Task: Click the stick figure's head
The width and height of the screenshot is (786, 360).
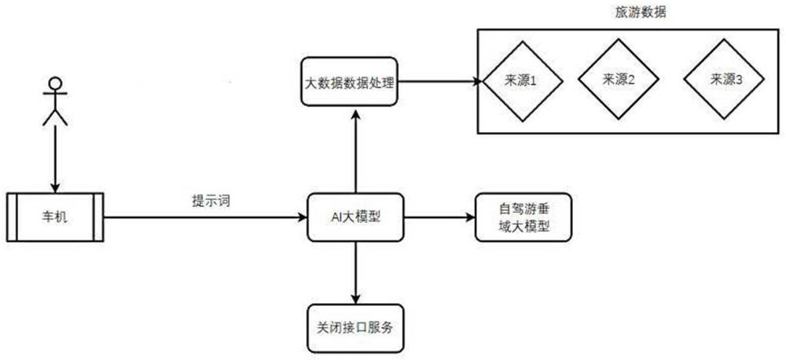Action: (55, 83)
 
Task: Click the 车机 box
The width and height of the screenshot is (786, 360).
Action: (55, 217)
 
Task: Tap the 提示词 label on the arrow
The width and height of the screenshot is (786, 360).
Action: (211, 201)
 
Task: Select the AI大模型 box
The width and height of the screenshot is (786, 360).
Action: (355, 217)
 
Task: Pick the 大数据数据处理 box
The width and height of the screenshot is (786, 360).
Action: (350, 81)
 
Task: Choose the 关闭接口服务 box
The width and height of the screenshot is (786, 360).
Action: (355, 329)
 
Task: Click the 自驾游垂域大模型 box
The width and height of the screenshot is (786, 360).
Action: (523, 217)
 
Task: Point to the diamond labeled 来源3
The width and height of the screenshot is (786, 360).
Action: (725, 80)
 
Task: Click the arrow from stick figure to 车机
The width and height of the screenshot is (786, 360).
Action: (55, 159)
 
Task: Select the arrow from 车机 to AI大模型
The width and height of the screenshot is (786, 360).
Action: (205, 217)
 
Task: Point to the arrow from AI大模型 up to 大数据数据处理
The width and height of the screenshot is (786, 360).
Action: (355, 149)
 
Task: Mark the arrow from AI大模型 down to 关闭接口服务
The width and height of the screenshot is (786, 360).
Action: (355, 273)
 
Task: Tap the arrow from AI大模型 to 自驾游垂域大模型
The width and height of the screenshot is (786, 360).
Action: (439, 217)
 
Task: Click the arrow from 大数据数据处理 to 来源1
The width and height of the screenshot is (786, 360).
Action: (440, 81)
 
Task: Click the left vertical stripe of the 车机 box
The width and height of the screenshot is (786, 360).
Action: (12, 217)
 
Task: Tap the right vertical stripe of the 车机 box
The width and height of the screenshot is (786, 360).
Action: (98, 217)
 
